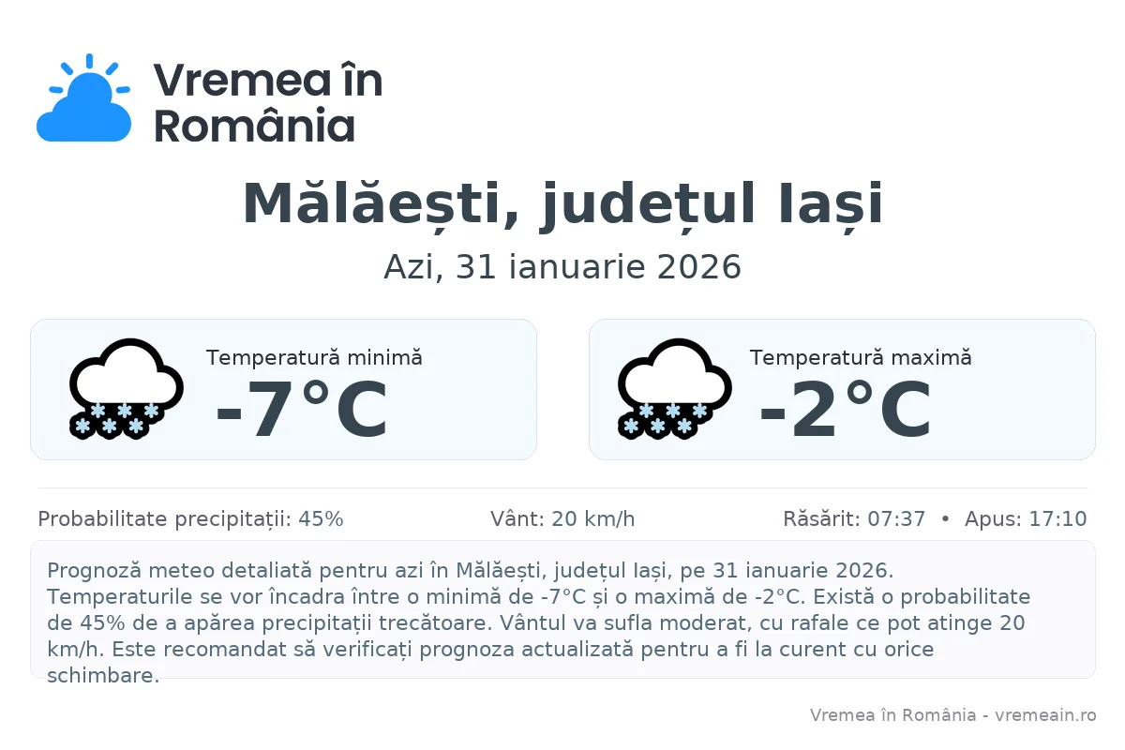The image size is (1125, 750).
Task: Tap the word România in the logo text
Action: tap(254, 126)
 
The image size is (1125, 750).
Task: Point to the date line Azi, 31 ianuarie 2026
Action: tap(562, 267)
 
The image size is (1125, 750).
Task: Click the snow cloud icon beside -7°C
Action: tap(126, 388)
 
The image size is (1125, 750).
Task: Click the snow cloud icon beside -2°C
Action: tap(674, 388)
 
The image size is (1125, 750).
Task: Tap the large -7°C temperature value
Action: tap(301, 411)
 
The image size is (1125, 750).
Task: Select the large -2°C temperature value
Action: tap(845, 411)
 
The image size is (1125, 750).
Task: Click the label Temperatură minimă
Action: tap(314, 357)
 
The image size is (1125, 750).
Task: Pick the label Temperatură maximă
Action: tap(861, 357)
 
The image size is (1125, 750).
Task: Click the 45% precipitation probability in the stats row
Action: tap(321, 519)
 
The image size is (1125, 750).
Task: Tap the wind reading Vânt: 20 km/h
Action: tap(562, 519)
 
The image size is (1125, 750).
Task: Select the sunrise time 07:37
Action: tap(896, 519)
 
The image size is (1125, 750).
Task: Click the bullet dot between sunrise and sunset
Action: tap(945, 519)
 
